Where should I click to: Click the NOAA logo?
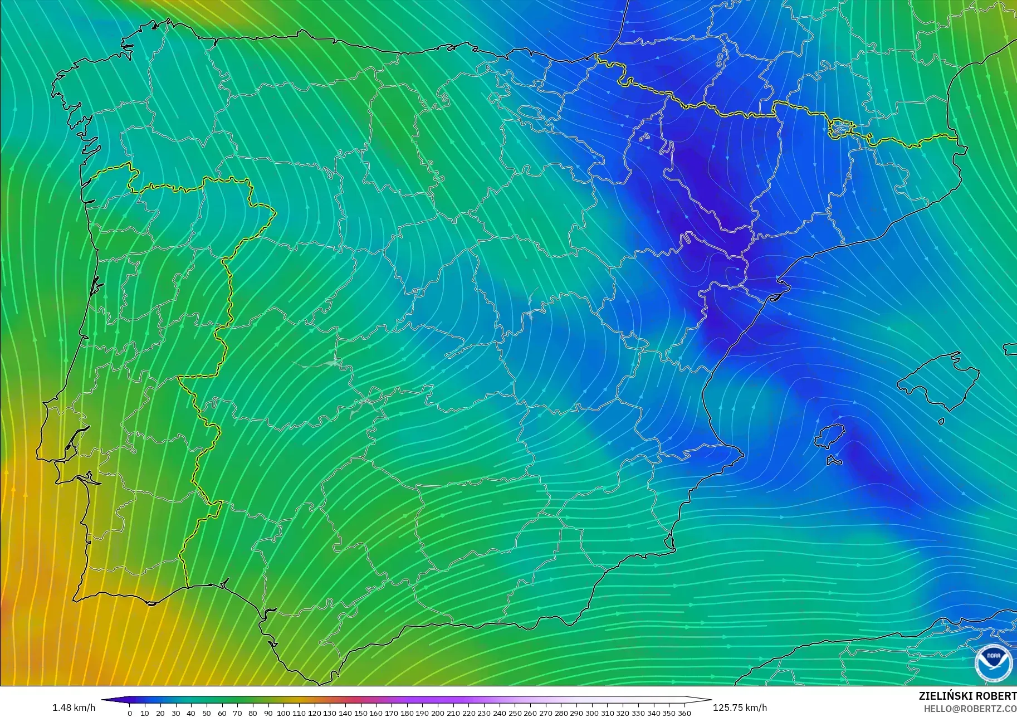point(993,662)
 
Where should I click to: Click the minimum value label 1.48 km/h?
point(74,708)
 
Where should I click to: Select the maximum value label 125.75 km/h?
point(740,708)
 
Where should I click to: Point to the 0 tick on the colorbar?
point(130,713)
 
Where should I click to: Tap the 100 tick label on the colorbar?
point(283,713)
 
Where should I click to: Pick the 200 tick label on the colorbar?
point(438,713)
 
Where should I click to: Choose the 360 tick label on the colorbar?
point(684,713)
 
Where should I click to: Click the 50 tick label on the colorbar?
point(207,713)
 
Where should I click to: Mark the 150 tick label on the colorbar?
point(361,713)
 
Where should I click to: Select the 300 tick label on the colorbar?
point(592,713)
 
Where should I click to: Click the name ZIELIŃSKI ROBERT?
point(967,696)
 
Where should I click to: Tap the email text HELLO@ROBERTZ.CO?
point(970,709)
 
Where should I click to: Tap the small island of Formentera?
point(834,461)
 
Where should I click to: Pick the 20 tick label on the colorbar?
point(160,713)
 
